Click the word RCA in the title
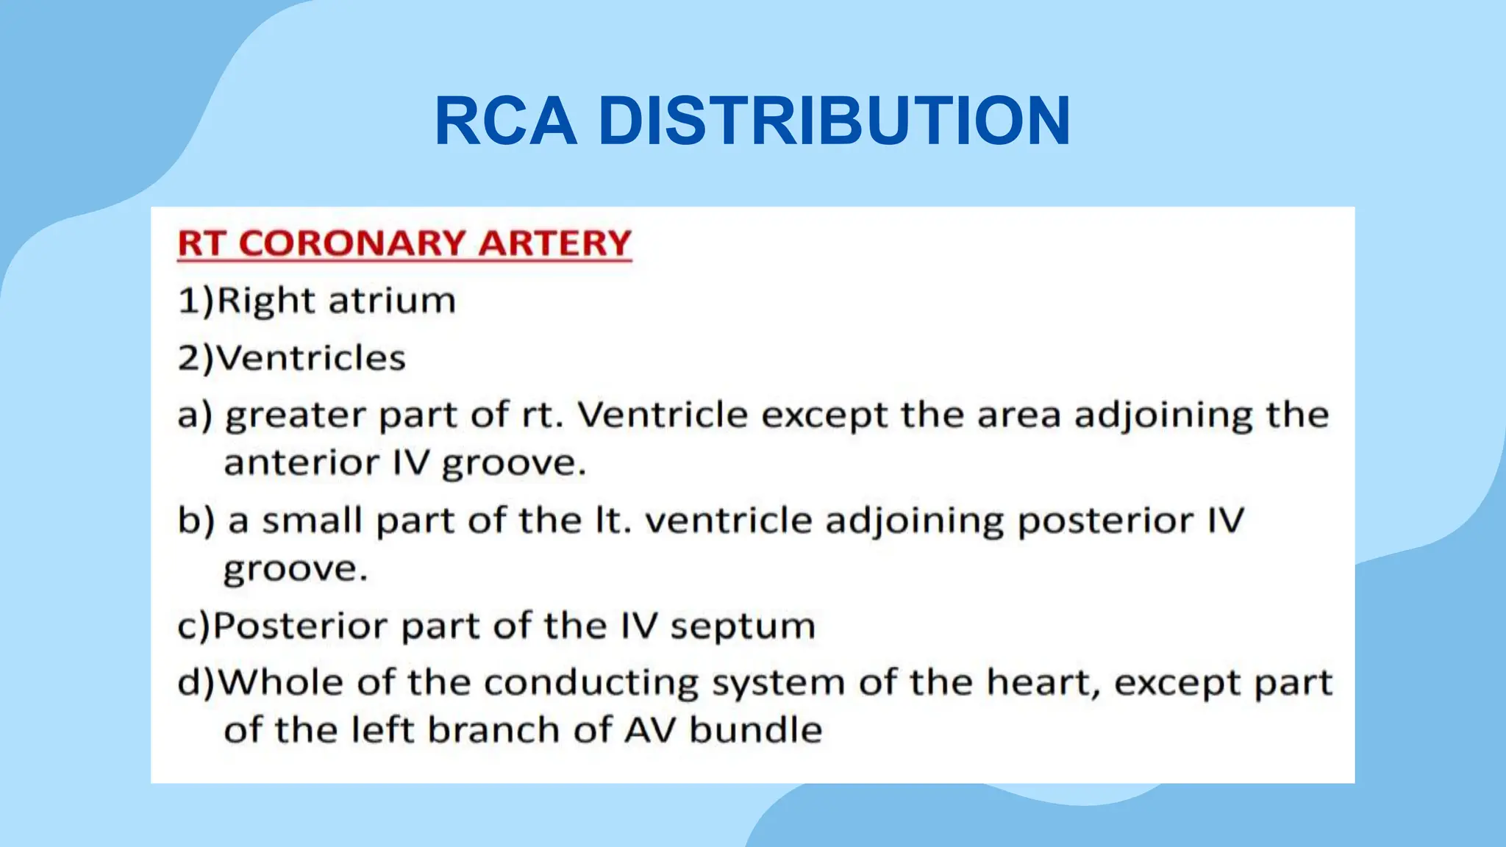coord(505,121)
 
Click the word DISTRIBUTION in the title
coord(834,121)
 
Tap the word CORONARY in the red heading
coord(352,243)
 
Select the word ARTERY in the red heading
coord(554,243)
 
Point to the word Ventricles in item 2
coord(310,358)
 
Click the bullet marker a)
coord(194,415)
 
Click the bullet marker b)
coord(196,521)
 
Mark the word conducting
coord(590,684)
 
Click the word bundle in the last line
coord(755,730)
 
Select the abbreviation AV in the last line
coord(650,730)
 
